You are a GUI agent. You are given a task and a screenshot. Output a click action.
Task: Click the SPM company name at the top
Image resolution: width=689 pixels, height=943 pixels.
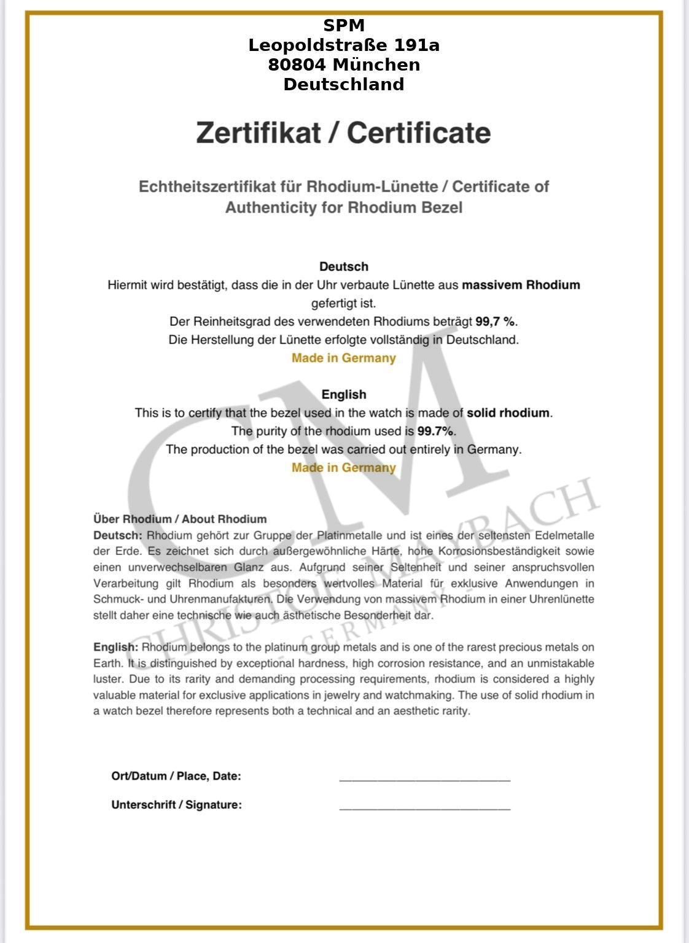point(344,25)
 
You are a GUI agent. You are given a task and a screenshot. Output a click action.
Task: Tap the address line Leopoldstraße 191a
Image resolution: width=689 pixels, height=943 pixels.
point(344,45)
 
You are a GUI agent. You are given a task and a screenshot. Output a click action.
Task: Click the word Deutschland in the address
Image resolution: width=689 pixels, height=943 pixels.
point(344,84)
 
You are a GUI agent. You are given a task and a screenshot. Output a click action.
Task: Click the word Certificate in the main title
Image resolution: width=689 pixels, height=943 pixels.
point(419,133)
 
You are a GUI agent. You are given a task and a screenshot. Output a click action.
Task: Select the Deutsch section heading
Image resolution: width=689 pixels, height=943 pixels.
point(344,266)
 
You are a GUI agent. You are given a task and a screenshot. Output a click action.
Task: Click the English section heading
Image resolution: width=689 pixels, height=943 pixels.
point(344,394)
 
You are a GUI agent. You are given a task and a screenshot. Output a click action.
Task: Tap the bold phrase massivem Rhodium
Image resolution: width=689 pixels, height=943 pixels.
point(521,285)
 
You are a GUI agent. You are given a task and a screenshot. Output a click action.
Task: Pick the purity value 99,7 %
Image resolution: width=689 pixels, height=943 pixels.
point(495,321)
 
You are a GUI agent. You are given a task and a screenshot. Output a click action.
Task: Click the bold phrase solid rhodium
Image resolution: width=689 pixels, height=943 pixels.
point(508,413)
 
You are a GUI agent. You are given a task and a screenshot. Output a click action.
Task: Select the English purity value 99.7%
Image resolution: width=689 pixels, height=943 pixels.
point(435,431)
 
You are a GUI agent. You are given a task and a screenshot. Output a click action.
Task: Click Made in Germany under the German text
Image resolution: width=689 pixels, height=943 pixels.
point(344,358)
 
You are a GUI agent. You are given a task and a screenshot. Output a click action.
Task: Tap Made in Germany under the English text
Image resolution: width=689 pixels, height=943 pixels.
point(344,468)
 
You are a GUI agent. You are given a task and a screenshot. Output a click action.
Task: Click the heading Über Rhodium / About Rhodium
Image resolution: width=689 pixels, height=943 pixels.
point(180,519)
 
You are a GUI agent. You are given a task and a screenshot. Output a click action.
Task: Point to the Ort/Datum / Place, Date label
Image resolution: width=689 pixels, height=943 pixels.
point(176,776)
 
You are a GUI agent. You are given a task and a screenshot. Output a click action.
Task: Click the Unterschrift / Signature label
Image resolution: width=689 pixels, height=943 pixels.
point(176,805)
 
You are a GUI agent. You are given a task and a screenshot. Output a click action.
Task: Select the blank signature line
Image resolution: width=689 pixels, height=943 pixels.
point(425,807)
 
